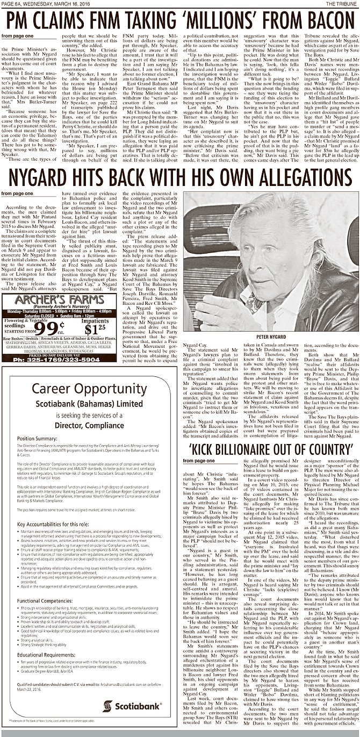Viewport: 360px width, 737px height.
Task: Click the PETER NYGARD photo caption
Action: (271, 336)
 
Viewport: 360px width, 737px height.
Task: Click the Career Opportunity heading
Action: (89, 388)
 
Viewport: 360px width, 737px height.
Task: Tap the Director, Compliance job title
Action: (89, 425)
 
